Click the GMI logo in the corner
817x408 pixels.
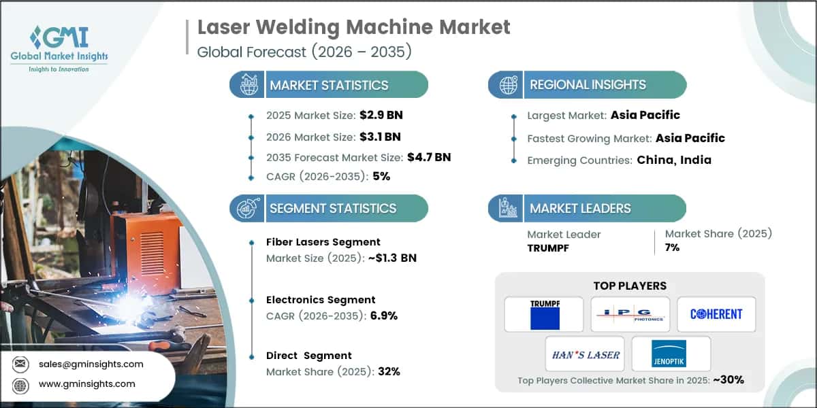(59, 48)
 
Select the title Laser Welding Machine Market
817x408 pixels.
(353, 27)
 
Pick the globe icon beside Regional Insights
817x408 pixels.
(507, 84)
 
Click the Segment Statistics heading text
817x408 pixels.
(333, 209)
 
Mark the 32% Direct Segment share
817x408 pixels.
(389, 371)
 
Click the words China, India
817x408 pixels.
(674, 160)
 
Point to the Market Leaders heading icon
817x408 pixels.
(507, 208)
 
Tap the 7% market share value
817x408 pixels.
(673, 248)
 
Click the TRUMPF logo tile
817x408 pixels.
(543, 314)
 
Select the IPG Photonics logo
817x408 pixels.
(630, 314)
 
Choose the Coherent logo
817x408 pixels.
(716, 314)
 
